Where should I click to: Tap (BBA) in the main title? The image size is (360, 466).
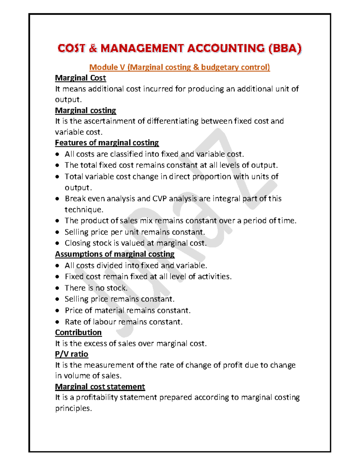click(285, 48)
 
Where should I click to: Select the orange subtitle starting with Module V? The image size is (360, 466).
click(180, 67)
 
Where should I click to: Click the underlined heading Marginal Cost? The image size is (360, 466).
click(80, 78)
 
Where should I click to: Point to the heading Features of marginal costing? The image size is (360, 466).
click(107, 143)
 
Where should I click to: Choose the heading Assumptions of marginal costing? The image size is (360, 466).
click(115, 254)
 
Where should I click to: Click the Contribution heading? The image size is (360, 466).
click(78, 332)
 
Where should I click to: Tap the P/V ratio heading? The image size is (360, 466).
click(72, 354)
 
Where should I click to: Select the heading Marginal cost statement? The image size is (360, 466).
click(100, 386)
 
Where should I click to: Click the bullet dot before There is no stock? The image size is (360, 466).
click(57, 288)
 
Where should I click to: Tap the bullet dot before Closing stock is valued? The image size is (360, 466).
click(57, 243)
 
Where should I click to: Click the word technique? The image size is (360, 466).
click(84, 210)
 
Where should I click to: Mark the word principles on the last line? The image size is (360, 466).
click(73, 408)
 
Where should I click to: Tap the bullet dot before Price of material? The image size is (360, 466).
click(57, 311)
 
